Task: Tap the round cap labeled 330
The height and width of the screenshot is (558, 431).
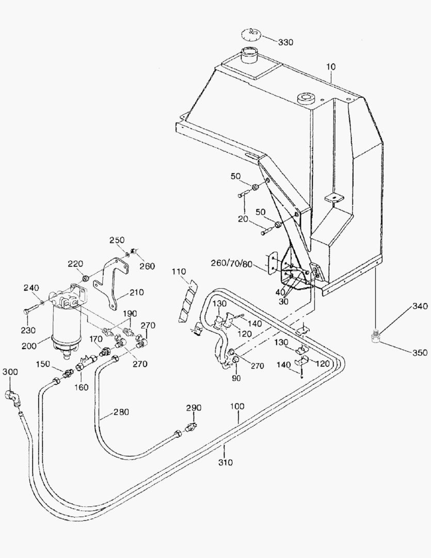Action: [x=252, y=35]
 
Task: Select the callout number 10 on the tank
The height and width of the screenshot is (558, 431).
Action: [x=330, y=67]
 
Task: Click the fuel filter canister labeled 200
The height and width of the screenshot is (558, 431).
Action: [x=66, y=326]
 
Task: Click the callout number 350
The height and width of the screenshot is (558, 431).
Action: [x=420, y=353]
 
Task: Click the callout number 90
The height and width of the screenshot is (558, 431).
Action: [x=236, y=378]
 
